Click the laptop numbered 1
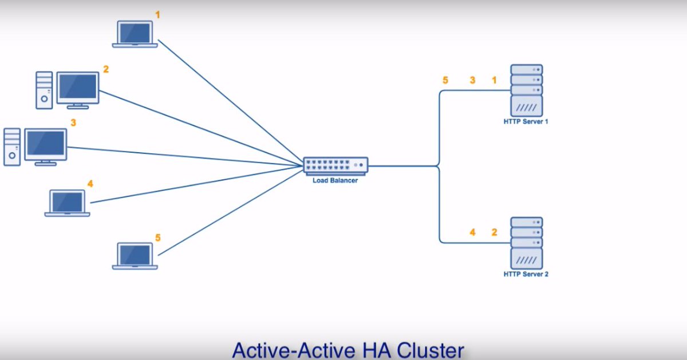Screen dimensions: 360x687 135,34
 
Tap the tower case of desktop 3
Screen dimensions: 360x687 12,147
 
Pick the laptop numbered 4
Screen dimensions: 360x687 68,203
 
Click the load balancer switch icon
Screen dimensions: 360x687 335,165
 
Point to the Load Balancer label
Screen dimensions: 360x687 335,181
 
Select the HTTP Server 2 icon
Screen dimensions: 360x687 526,243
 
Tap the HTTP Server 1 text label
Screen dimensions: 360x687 526,122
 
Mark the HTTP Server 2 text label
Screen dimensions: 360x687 526,275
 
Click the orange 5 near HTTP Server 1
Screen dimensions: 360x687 445,80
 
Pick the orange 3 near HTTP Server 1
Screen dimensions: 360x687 472,80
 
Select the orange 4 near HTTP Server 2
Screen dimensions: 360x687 472,232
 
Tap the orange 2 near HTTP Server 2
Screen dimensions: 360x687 495,232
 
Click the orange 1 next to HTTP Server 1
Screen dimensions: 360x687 495,80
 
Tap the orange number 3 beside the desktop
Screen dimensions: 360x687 73,122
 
